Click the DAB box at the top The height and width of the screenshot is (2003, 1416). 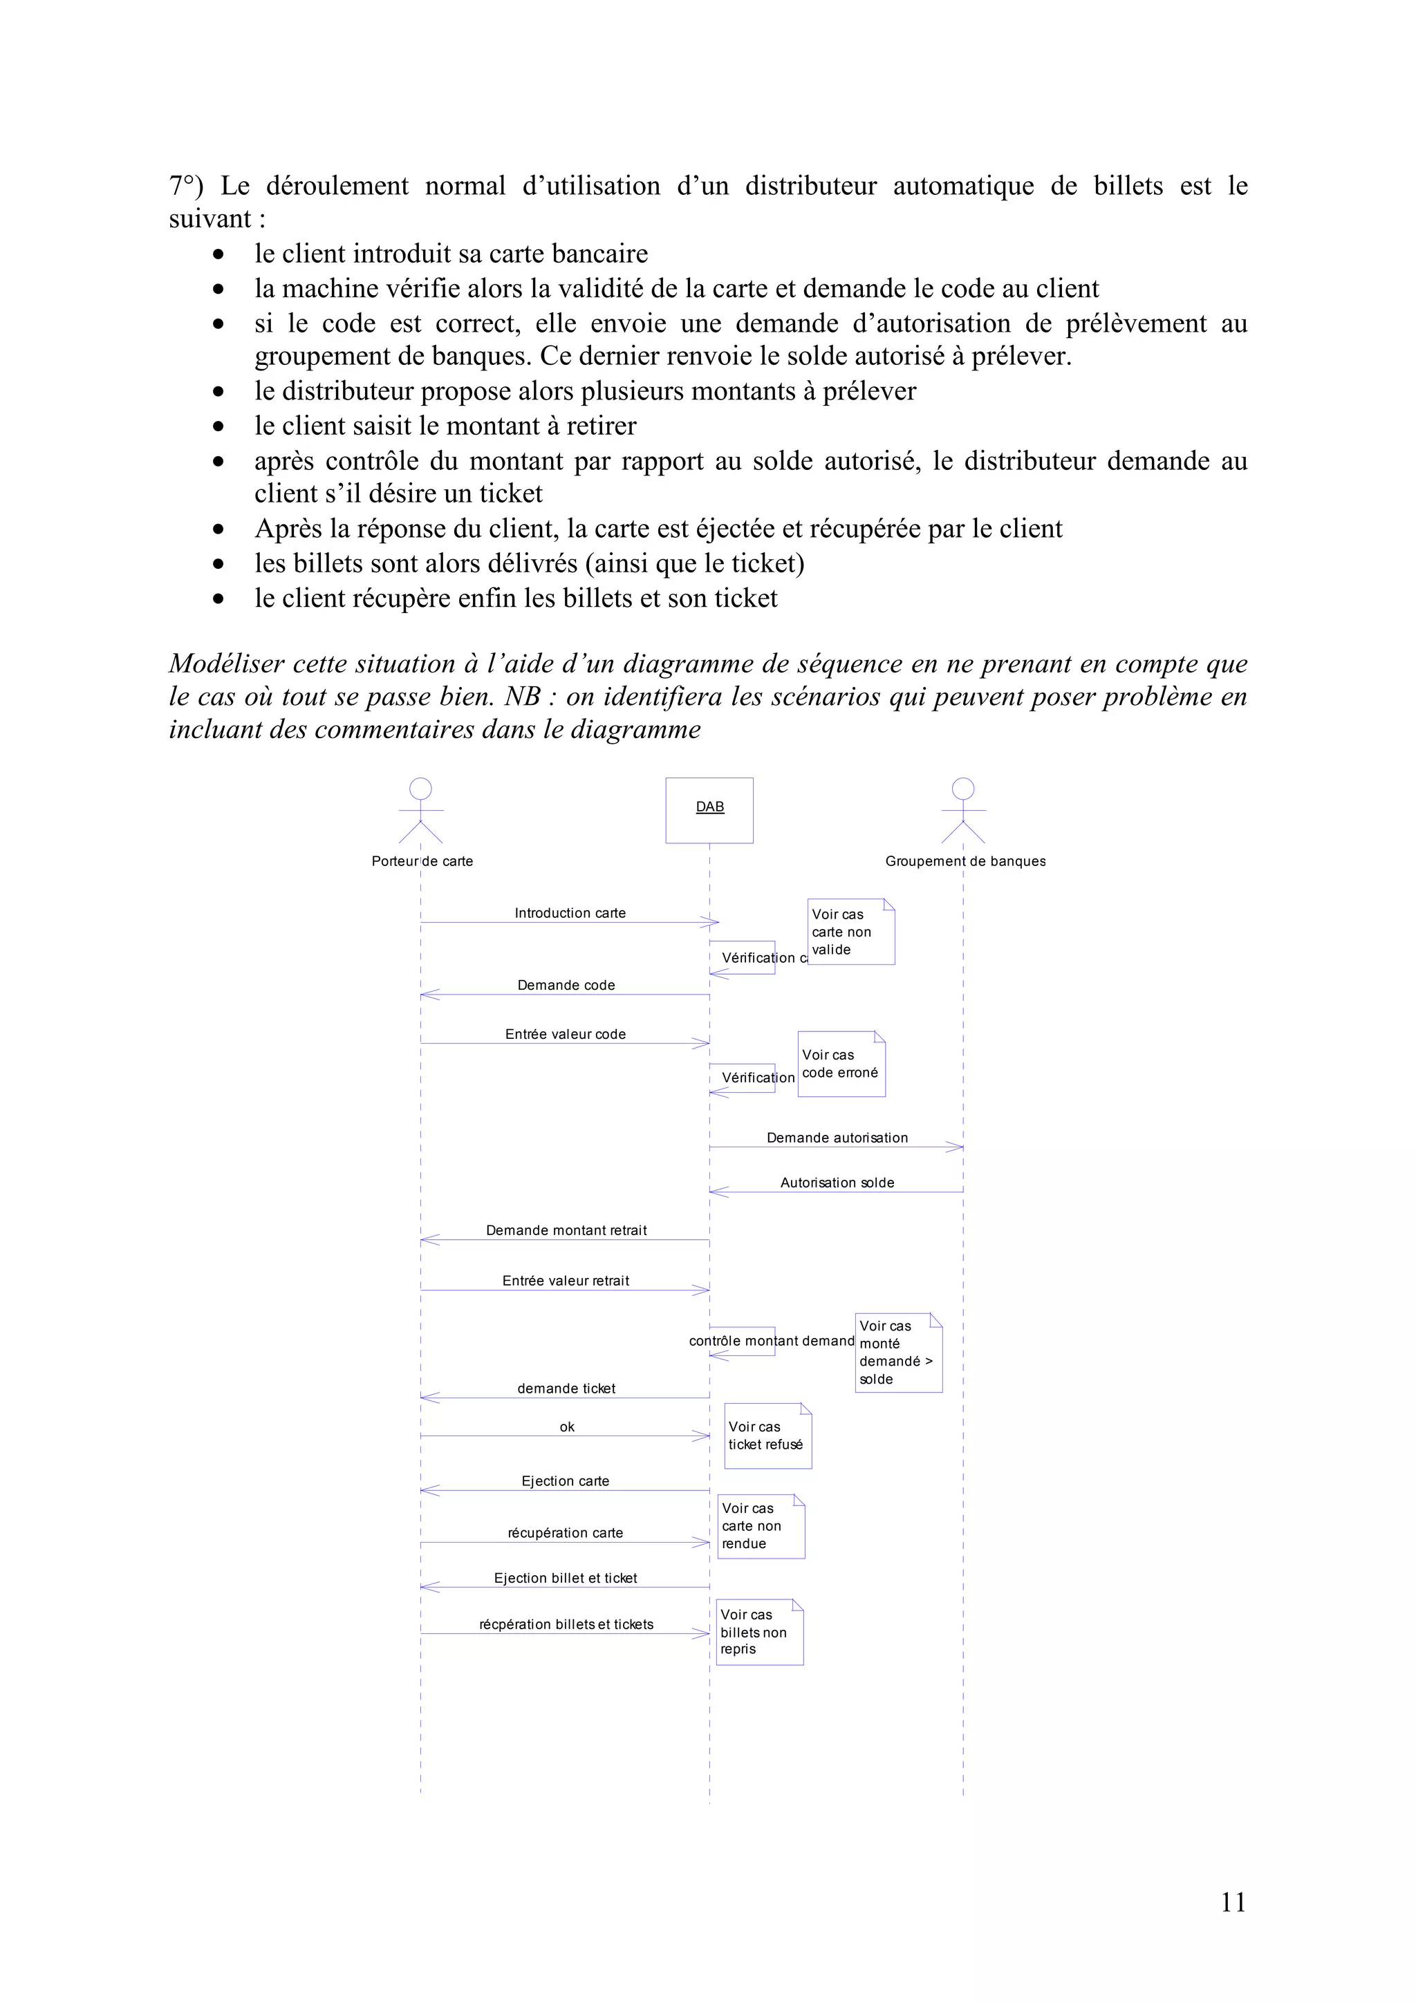[x=709, y=809]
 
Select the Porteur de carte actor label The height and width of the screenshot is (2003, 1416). [x=422, y=861]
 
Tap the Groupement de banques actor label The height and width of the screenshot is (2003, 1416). [x=965, y=861]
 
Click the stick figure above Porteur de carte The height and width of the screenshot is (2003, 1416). [x=421, y=811]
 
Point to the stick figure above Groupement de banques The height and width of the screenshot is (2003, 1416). [x=963, y=811]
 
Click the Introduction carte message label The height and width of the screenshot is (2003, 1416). [x=570, y=912]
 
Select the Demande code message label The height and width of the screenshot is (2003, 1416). [x=566, y=985]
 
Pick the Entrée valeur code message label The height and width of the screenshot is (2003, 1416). [x=566, y=1034]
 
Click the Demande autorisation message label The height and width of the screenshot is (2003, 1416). [x=837, y=1138]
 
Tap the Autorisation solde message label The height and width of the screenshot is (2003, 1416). [x=837, y=1183]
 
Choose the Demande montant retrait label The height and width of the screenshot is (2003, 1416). [x=566, y=1230]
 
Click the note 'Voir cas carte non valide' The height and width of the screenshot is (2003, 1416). [x=850, y=932]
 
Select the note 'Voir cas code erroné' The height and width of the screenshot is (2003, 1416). [x=841, y=1064]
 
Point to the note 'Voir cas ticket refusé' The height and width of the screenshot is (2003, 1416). [x=767, y=1436]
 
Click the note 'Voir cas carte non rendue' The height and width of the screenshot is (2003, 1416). [x=761, y=1527]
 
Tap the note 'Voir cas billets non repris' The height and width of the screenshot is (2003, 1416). [x=759, y=1633]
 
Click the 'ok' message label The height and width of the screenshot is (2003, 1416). [x=567, y=1427]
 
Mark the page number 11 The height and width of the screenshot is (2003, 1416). [x=1233, y=1903]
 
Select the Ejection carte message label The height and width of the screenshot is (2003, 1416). [x=566, y=1481]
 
